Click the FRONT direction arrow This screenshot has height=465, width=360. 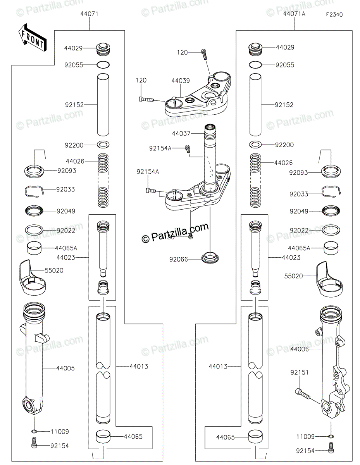coord(32,38)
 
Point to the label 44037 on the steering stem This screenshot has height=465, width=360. coord(181,133)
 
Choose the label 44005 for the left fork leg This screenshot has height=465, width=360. coord(65,368)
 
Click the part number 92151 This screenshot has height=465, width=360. coord(300,372)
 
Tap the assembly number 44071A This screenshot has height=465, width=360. coord(294,14)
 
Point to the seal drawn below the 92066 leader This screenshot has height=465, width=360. coord(210,257)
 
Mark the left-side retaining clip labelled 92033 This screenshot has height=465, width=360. coord(34,191)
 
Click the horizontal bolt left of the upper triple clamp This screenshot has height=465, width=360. coord(145,99)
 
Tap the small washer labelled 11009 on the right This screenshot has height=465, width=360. coord(331,436)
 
